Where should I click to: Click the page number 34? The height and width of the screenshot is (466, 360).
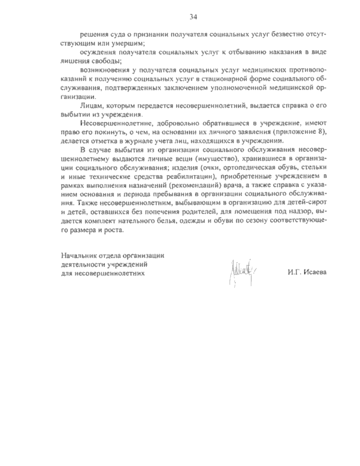click(x=193, y=17)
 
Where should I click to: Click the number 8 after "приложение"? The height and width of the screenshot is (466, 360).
click(x=322, y=132)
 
